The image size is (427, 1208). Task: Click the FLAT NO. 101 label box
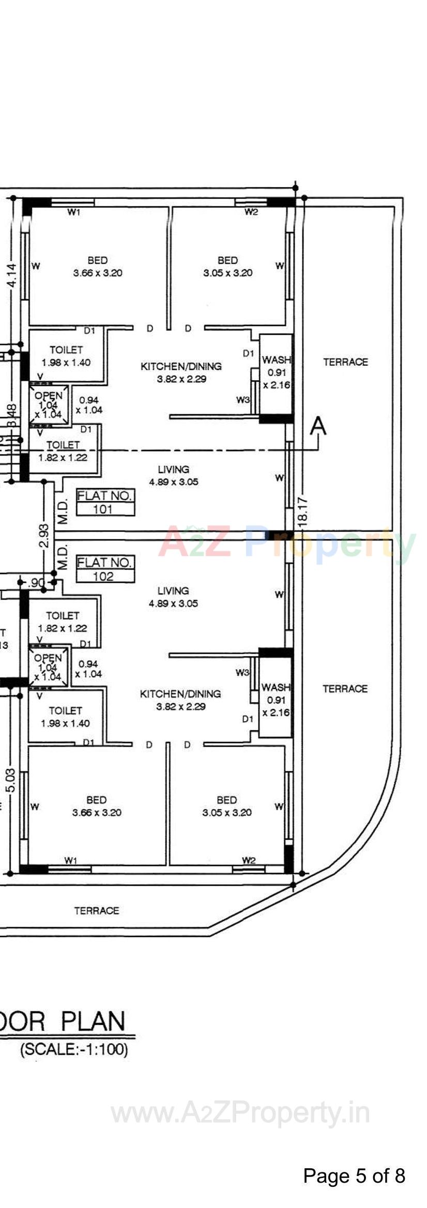point(105,502)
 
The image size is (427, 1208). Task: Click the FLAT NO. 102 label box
point(105,569)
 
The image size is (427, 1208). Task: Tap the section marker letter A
point(318,427)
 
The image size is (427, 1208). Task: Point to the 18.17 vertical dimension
point(303,512)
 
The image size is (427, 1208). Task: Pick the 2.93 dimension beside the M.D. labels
point(44,536)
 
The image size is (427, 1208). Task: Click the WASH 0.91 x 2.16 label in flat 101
point(276,372)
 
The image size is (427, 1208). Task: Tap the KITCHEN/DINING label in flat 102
point(180,700)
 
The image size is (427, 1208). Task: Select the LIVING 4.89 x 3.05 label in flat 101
point(174,475)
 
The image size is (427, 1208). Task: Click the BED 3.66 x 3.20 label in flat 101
point(98,267)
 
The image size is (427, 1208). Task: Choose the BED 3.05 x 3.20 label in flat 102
point(227,806)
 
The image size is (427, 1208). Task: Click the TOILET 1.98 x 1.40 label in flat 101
point(66,356)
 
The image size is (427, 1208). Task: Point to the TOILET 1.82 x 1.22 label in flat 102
point(63,622)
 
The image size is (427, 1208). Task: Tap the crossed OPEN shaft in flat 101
point(48,405)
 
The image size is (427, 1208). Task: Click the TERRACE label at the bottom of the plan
point(97,910)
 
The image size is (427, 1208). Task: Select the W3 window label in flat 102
point(242,672)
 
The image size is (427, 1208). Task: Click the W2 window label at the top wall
point(251,212)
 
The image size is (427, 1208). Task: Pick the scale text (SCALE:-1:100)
point(73,1049)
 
